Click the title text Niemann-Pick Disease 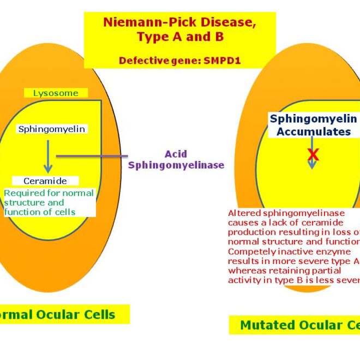coord(179,23)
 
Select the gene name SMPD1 coord(223,61)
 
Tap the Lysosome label coord(56,93)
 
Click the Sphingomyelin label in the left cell coord(52,129)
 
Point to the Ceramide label coord(45,181)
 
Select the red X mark coord(313,155)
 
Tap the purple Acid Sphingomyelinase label coord(176,160)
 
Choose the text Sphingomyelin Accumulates coord(313,125)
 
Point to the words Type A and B coord(179,38)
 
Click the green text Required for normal coord(49,193)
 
